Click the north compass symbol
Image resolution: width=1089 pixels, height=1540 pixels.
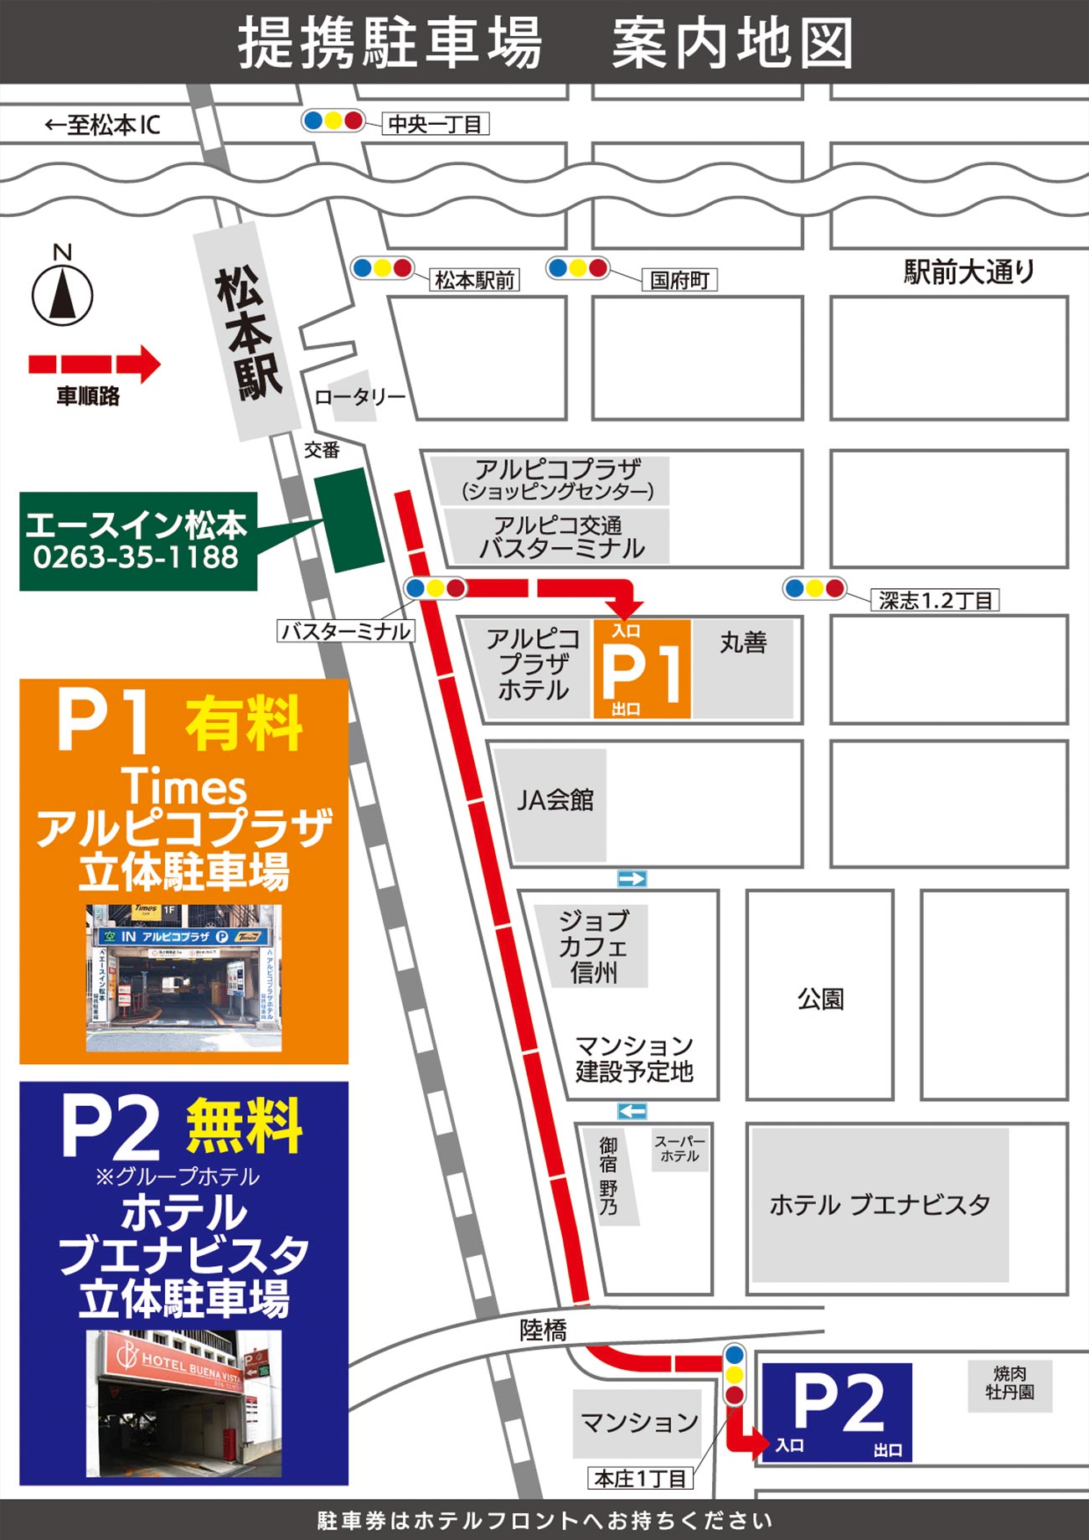pyautogui.click(x=62, y=295)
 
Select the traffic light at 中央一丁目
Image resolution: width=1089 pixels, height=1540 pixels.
pyautogui.click(x=333, y=121)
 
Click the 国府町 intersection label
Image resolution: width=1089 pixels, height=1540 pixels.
pyautogui.click(x=679, y=280)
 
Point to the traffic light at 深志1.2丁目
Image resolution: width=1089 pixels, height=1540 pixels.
pyautogui.click(x=814, y=588)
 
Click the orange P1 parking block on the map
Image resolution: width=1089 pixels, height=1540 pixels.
pyautogui.click(x=642, y=669)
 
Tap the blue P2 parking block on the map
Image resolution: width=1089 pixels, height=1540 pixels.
pyautogui.click(x=837, y=1412)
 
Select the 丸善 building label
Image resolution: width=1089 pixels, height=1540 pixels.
pyautogui.click(x=743, y=643)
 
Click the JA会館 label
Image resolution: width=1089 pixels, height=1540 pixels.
pyautogui.click(x=555, y=800)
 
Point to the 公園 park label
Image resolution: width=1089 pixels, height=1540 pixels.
pyautogui.click(x=820, y=999)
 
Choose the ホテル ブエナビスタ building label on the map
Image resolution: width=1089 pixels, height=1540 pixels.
pyautogui.click(x=880, y=1205)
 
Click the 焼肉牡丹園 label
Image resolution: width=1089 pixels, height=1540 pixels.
pyautogui.click(x=1009, y=1383)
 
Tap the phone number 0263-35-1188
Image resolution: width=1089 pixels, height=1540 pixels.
pyautogui.click(x=136, y=557)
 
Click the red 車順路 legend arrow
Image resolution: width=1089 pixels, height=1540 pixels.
pyautogui.click(x=94, y=364)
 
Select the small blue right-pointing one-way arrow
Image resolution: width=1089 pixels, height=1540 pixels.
pyautogui.click(x=632, y=878)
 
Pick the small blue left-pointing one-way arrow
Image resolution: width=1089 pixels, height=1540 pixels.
pyautogui.click(x=632, y=1111)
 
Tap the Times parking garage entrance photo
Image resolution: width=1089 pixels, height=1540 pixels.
pyautogui.click(x=183, y=977)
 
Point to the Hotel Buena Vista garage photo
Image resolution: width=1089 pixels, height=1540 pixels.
pyautogui.click(x=183, y=1403)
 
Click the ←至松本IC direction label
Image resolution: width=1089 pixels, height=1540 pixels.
pyautogui.click(x=102, y=126)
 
